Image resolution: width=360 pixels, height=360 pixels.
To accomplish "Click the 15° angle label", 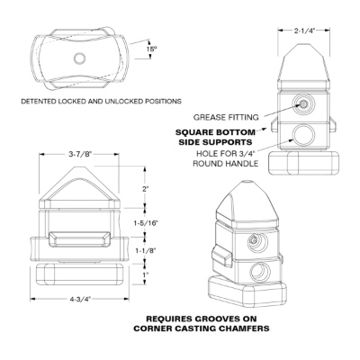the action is pos(152,49).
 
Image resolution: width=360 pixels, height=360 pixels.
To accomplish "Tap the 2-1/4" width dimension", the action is pos(304,31).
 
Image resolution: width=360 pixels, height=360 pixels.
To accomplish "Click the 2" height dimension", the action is pos(146,189).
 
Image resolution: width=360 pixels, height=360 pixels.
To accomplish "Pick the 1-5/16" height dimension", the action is pos(146,223).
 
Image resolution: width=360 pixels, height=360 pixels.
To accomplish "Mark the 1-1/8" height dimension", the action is pos(146,250).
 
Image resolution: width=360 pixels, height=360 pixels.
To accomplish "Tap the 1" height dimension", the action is pos(146,274).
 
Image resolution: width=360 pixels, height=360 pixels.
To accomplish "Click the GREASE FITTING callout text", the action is pos(226,117).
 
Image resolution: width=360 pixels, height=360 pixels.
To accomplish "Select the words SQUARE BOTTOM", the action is pos(215,132).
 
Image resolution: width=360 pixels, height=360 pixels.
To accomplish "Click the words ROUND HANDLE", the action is pos(225,164).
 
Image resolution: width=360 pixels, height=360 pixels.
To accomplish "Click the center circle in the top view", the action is pos(80,58).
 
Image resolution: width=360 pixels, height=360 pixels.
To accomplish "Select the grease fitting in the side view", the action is pos(303,103).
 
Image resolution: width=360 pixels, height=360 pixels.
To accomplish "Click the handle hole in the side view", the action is pos(303,135).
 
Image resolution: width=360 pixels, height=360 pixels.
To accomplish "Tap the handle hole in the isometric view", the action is pos(260,271).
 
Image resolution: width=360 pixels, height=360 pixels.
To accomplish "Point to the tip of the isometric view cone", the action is pos(247,182).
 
